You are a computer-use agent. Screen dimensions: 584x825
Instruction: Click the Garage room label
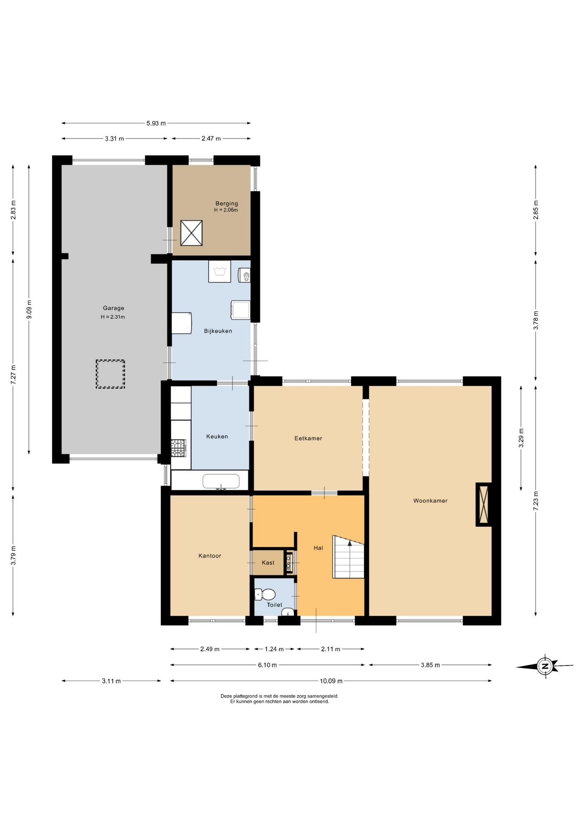point(114,308)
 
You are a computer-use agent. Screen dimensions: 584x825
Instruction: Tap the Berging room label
point(227,203)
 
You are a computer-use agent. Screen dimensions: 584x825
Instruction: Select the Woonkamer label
point(430,501)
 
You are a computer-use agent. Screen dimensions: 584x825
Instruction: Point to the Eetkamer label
point(308,438)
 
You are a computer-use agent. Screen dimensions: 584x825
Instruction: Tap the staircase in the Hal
point(348,557)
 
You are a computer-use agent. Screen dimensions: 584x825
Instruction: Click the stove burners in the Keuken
point(178,448)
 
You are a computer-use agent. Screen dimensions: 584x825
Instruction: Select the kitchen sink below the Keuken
point(221,482)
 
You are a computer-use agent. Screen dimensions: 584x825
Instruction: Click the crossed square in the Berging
point(191,233)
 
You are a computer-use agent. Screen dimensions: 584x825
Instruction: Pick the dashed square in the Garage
point(110,374)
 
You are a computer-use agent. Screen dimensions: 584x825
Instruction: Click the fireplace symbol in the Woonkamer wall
point(484,504)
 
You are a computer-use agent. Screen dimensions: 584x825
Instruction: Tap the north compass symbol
point(545,666)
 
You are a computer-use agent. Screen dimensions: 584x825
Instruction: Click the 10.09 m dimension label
point(331,681)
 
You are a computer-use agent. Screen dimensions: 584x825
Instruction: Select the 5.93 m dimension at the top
point(156,123)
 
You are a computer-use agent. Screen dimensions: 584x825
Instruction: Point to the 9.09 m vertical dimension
point(29,309)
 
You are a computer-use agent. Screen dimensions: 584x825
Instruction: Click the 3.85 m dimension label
point(430,665)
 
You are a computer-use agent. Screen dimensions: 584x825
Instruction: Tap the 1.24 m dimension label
point(274,649)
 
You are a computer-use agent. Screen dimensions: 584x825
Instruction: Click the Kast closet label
point(268,562)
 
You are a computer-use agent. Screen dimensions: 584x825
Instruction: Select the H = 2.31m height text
point(113,317)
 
